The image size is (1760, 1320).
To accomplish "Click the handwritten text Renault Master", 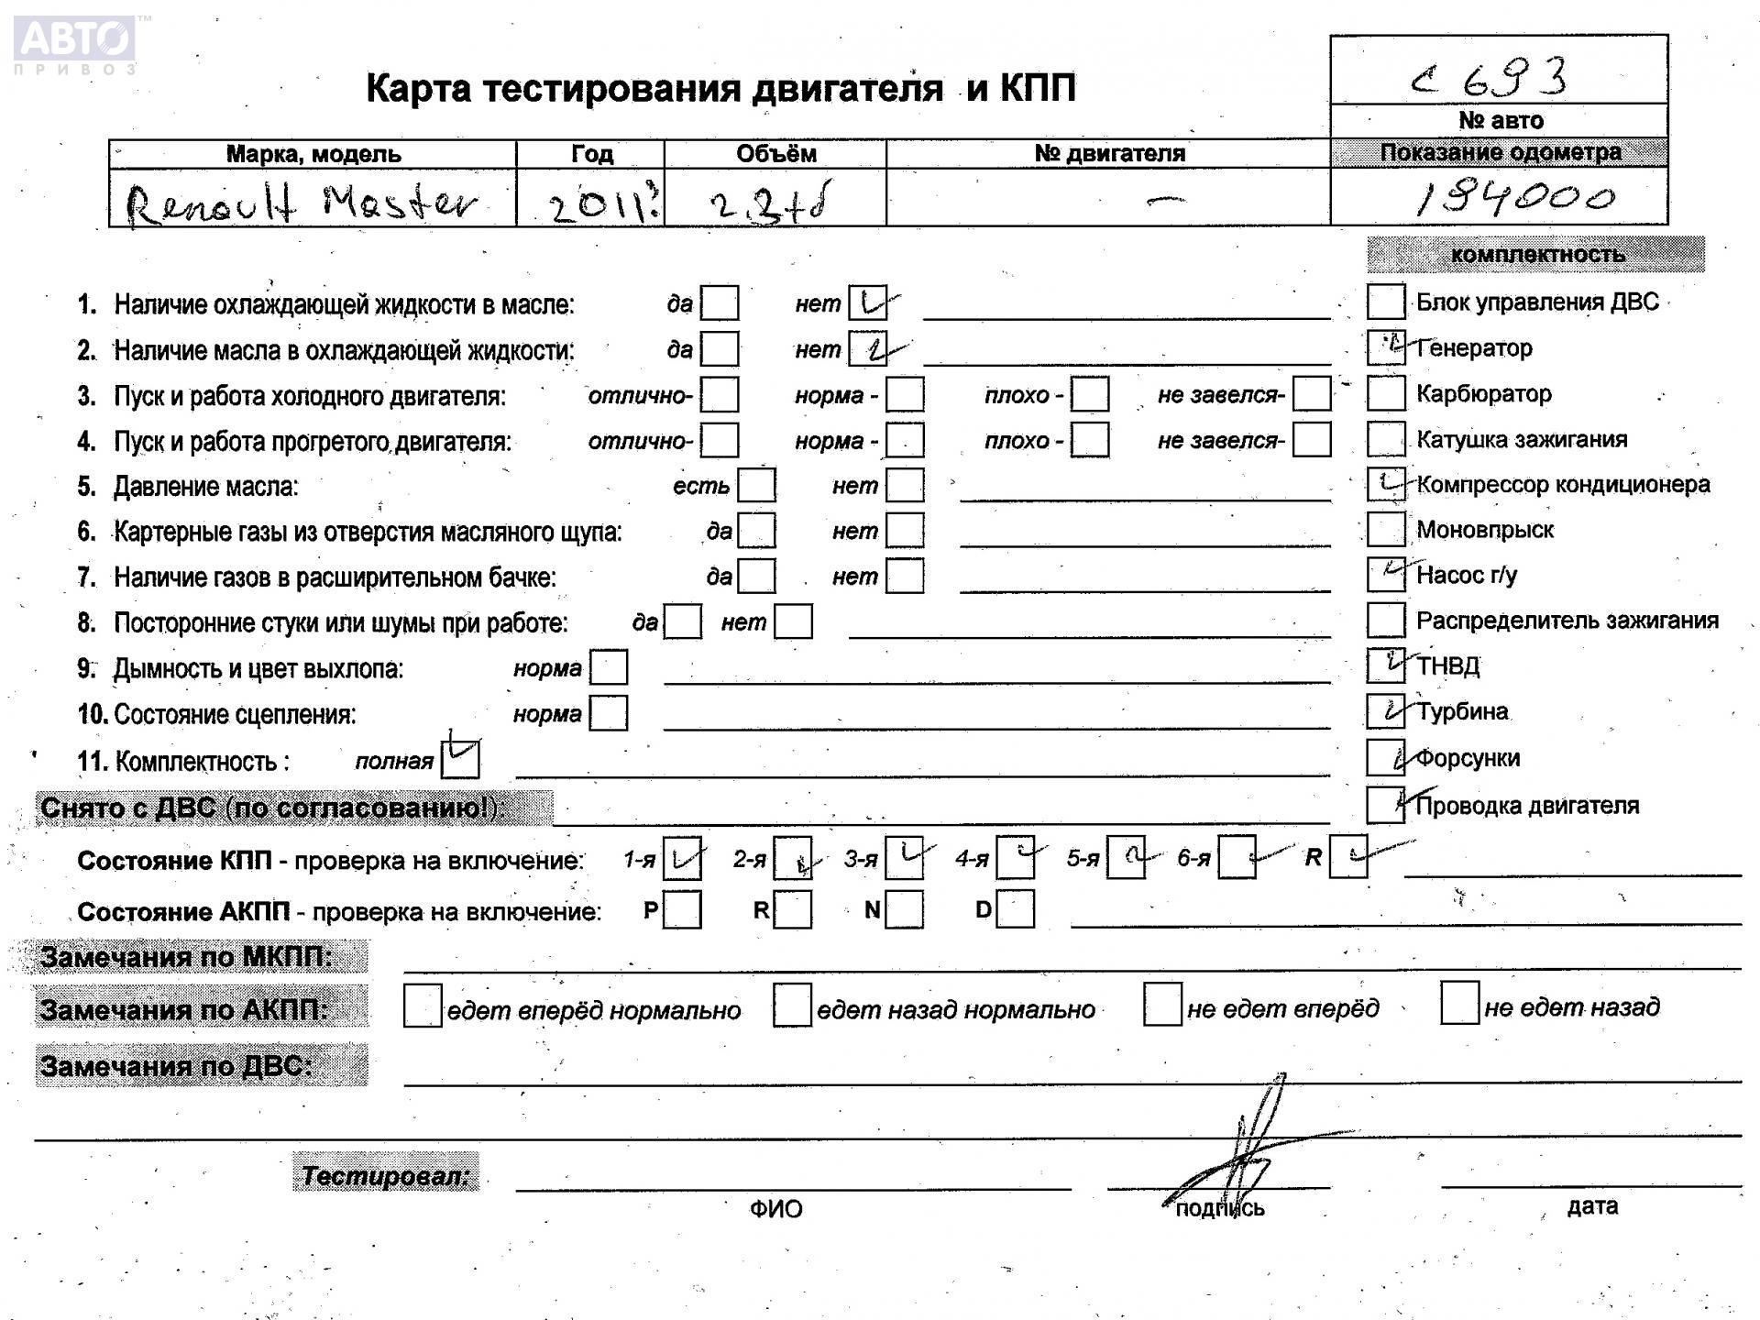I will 302,203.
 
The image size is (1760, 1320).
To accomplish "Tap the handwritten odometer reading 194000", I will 1513,197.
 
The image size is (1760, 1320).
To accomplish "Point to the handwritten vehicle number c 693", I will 1490,78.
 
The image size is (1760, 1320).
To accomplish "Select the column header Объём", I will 775,154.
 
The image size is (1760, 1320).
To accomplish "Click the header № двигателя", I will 1109,154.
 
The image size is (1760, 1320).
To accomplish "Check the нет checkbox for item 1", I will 867,303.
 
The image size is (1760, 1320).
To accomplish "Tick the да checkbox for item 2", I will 720,349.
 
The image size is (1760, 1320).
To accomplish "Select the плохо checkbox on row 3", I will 1090,395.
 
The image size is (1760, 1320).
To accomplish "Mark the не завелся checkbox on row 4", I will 1312,440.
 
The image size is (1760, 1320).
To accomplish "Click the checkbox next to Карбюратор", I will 1385,394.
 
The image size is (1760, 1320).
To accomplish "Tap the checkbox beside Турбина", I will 1385,711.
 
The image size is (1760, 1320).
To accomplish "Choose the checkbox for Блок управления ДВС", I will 1385,302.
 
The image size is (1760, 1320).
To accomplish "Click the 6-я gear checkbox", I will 1237,859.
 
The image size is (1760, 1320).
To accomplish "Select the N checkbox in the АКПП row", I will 904,910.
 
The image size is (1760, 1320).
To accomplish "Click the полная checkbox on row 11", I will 460,760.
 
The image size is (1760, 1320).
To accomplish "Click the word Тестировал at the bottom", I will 385,1175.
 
